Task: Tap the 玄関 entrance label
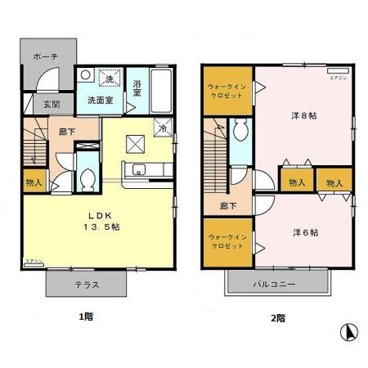coord(40,104)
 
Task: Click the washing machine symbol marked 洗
coord(108,79)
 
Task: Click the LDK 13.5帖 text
coord(105,222)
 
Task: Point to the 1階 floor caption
coord(85,316)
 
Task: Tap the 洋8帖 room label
coord(304,115)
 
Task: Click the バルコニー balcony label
coord(276,284)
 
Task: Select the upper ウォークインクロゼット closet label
coord(227,92)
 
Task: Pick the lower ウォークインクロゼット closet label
coord(227,242)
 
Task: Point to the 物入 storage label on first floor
coord(34,183)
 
